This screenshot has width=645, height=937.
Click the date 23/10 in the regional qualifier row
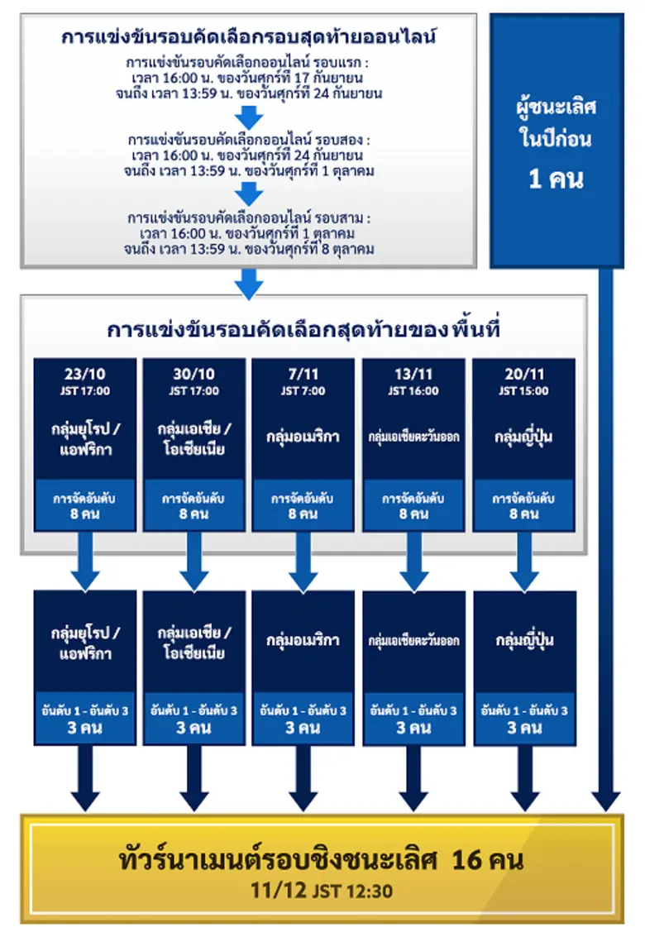(x=84, y=373)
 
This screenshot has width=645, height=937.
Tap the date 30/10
(x=194, y=373)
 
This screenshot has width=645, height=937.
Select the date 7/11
(x=303, y=373)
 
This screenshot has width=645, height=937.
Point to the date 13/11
(x=413, y=373)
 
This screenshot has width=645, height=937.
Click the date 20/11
(x=523, y=373)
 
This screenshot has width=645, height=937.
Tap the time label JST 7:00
(x=303, y=390)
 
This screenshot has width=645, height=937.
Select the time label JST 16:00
(x=413, y=390)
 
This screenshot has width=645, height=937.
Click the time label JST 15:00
(x=523, y=390)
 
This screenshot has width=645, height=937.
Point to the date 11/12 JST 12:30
(x=322, y=892)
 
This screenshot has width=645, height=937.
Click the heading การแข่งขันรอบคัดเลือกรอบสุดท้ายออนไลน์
(x=249, y=37)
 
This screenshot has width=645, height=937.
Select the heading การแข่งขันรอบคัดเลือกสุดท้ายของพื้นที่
(x=303, y=328)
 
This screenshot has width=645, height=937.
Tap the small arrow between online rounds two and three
(x=249, y=193)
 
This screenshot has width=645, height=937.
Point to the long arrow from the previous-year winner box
(x=605, y=538)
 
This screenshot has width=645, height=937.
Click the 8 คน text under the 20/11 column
(x=523, y=514)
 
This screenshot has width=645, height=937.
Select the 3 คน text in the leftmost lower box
(x=84, y=728)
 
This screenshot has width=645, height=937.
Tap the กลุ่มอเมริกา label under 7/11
(x=303, y=437)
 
